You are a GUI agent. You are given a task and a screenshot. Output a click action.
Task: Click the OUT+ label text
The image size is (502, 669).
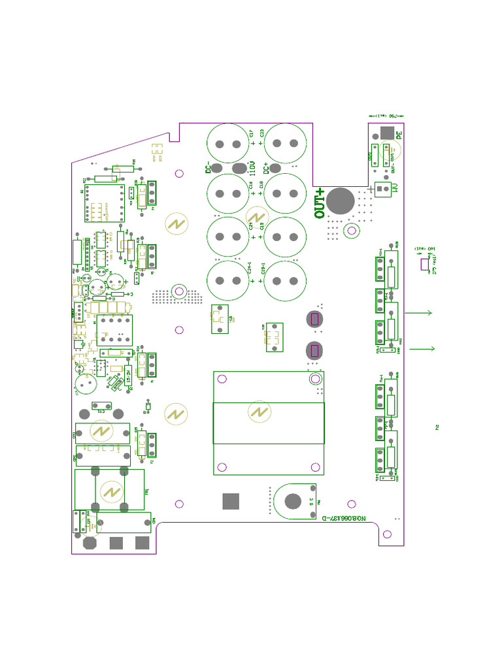coord(320,203)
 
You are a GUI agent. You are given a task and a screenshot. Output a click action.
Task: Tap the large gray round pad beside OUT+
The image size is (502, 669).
coord(340,201)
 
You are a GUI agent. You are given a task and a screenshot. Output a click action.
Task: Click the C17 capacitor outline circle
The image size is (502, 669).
coord(228,144)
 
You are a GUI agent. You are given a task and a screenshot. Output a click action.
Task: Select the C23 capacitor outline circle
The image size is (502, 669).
coord(284,144)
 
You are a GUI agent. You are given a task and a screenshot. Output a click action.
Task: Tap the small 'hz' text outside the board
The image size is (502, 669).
coord(437,427)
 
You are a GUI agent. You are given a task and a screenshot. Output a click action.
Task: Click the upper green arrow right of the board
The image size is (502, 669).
coord(419,313)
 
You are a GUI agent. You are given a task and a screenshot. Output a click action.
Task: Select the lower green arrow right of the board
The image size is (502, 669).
coord(422,349)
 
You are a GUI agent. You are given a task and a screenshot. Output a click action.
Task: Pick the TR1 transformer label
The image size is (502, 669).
coord(146,491)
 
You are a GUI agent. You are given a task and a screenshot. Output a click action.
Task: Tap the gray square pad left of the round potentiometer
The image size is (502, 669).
coord(231,501)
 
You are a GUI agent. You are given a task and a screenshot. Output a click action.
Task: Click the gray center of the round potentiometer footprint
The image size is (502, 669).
coord(293,501)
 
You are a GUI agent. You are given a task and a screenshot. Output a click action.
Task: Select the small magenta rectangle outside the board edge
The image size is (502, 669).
coord(424,265)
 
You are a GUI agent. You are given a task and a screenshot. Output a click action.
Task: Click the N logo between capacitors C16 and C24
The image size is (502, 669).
coord(256,218)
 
